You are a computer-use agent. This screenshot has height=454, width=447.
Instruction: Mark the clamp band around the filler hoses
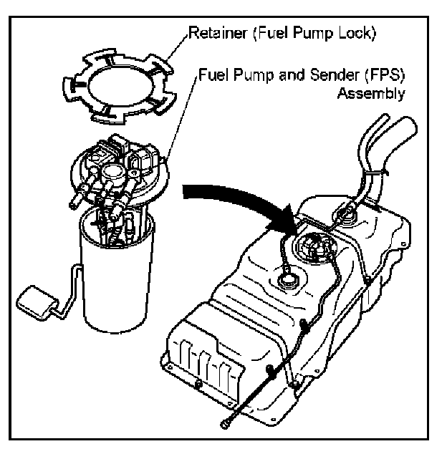pyautogui.click(x=374, y=175)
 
